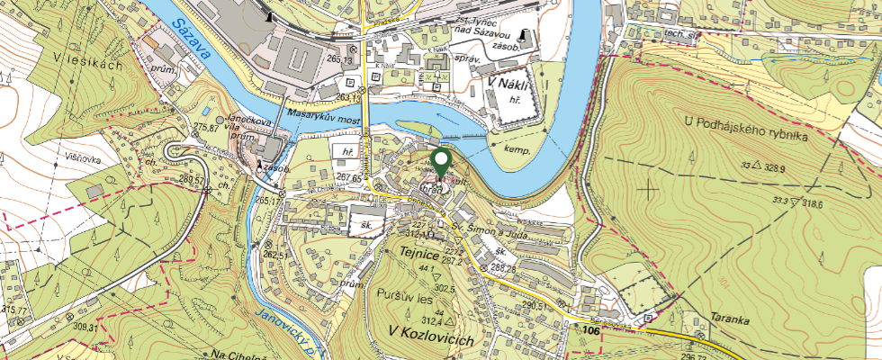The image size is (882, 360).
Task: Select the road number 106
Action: pos(590,331)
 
